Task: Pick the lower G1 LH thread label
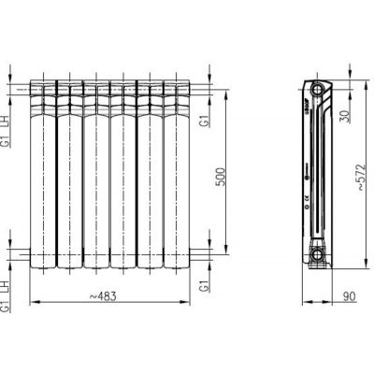[7, 297]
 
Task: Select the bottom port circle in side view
[318, 252]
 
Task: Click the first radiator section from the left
[43, 173]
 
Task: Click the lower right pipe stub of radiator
[194, 252]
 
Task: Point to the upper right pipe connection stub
[194, 90]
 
